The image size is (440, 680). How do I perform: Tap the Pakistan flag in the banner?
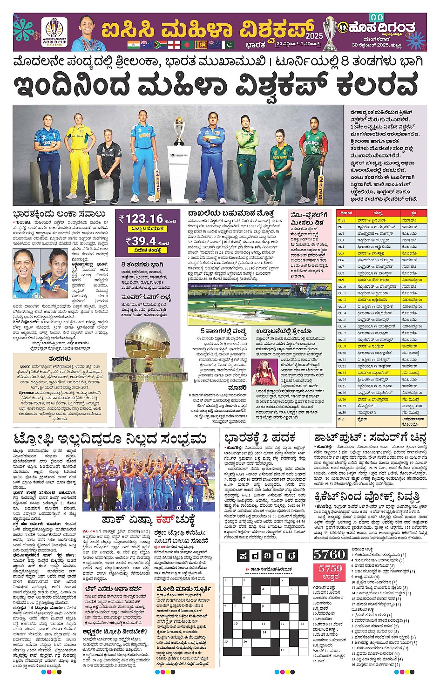[229, 45]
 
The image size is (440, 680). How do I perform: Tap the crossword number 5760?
[329, 554]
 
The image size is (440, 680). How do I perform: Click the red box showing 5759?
[330, 572]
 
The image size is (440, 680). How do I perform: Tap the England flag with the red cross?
[174, 45]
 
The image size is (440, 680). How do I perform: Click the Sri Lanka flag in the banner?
[201, 45]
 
